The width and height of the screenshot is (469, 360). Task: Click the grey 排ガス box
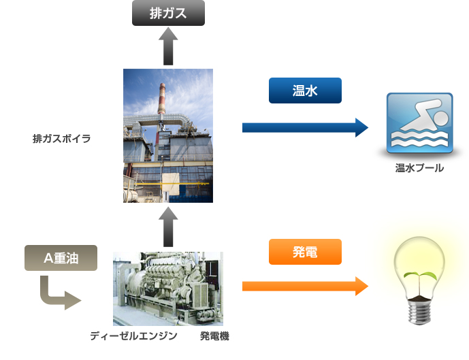[x=168, y=13]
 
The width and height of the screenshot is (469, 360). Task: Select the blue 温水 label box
[x=305, y=91]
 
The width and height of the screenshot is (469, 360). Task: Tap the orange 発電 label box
[x=305, y=252]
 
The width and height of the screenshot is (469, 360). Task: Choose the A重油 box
[x=61, y=258]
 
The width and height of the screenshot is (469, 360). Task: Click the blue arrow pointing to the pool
[x=305, y=128]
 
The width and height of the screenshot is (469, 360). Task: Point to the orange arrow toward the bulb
[x=305, y=286]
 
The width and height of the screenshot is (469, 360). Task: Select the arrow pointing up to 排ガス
[x=168, y=46]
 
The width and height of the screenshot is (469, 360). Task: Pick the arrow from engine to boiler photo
[x=168, y=227]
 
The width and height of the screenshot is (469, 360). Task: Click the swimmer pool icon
[x=419, y=123]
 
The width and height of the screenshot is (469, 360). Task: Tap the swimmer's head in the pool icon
[x=440, y=118]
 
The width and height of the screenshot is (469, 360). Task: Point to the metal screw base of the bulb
[x=419, y=312]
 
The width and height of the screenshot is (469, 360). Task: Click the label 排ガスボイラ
[x=62, y=139]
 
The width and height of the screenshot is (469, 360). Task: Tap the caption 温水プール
[x=419, y=168]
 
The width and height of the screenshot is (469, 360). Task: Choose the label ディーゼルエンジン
[x=133, y=336]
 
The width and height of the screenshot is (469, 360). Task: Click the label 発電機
[x=214, y=336]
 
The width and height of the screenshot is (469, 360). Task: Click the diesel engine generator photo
[x=168, y=289]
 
